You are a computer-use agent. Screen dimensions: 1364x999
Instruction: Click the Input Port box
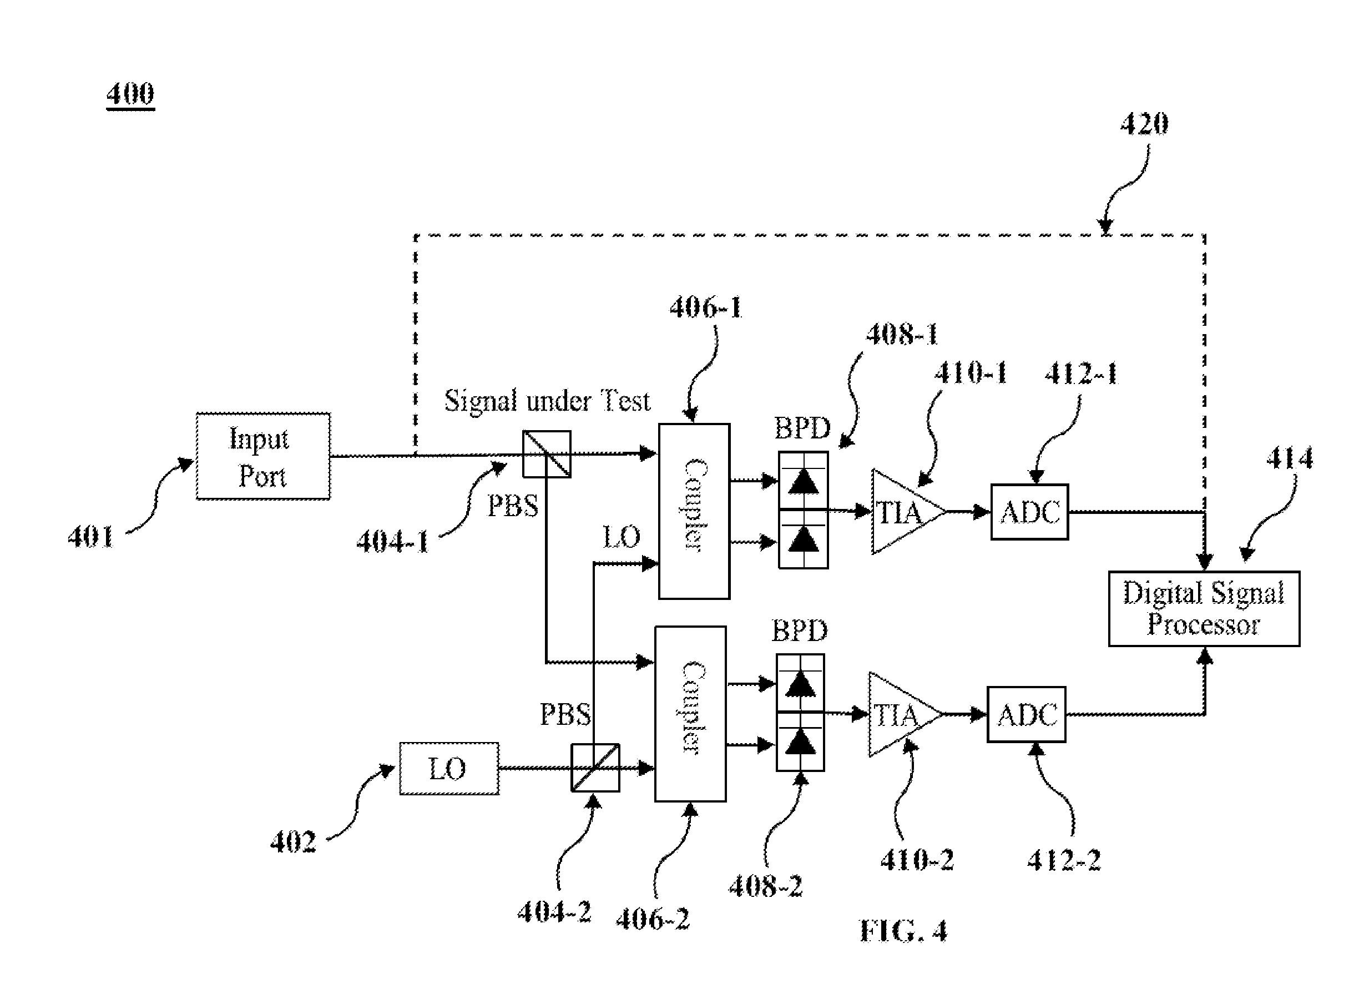(x=263, y=457)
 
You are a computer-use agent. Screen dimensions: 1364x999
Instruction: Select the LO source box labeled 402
(x=449, y=769)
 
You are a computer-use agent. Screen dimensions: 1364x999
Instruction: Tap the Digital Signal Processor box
(x=1204, y=608)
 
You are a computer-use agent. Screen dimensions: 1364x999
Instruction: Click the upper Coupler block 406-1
(x=694, y=511)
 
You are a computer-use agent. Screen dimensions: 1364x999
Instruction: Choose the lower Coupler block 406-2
(x=690, y=714)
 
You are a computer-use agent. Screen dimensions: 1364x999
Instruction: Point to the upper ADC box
(x=1029, y=512)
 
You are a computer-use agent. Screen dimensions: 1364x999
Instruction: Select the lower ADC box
(x=1027, y=714)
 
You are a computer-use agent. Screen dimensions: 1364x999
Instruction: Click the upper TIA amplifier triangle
(x=907, y=512)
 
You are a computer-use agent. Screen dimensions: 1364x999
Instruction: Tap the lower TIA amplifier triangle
(x=904, y=714)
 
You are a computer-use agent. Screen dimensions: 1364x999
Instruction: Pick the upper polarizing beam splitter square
(x=547, y=454)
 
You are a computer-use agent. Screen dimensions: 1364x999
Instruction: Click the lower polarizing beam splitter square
(x=595, y=768)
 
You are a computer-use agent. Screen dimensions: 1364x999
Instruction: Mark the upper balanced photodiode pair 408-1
(x=803, y=510)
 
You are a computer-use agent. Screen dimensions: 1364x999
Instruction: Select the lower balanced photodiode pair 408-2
(x=800, y=713)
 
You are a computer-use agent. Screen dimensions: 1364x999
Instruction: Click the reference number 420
(x=1144, y=124)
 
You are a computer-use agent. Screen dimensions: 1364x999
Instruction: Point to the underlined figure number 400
(x=130, y=94)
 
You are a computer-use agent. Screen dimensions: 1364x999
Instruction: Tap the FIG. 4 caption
(x=903, y=931)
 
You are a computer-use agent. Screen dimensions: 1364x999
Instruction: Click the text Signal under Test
(x=547, y=401)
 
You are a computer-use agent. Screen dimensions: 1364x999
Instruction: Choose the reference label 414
(x=1290, y=458)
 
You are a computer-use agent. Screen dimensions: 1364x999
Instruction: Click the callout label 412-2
(x=1064, y=860)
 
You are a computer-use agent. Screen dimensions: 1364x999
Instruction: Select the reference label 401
(x=90, y=536)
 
